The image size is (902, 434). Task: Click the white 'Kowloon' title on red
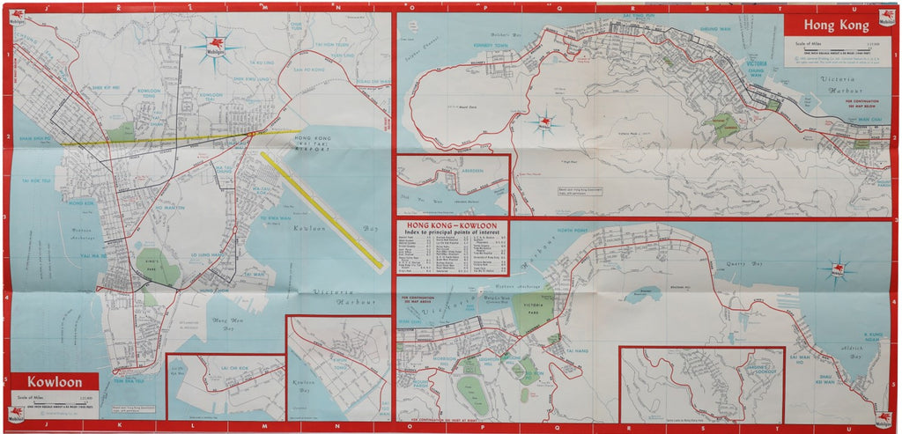tap(55, 383)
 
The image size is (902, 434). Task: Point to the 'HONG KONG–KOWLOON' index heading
tap(448, 226)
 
